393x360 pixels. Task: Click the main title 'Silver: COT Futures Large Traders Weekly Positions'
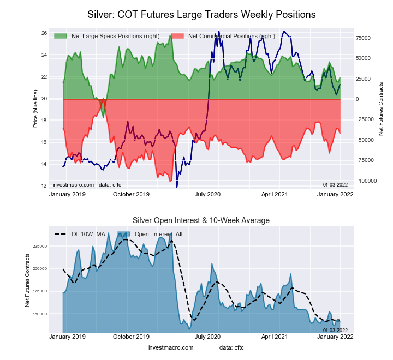pyautogui.click(x=201, y=13)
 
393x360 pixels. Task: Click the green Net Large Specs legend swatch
pyautogui.click(x=60, y=36)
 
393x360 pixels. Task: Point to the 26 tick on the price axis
pyautogui.click(x=44, y=33)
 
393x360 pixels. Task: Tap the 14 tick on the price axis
pyautogui.click(x=44, y=164)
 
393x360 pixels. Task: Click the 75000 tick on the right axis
pyautogui.click(x=364, y=38)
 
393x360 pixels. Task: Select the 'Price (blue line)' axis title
pyautogui.click(x=35, y=109)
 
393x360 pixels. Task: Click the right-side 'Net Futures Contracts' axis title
pyautogui.click(x=380, y=109)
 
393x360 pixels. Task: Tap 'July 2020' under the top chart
pyautogui.click(x=207, y=194)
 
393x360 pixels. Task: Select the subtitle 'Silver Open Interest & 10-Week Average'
pyautogui.click(x=201, y=220)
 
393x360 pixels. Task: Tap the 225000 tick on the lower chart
pyautogui.click(x=40, y=246)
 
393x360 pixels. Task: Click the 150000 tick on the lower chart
pyautogui.click(x=40, y=314)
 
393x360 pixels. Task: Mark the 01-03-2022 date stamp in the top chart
pyautogui.click(x=335, y=185)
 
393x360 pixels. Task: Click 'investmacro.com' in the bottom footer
pyautogui.click(x=171, y=347)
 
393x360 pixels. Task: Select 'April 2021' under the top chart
pyautogui.click(x=275, y=194)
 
